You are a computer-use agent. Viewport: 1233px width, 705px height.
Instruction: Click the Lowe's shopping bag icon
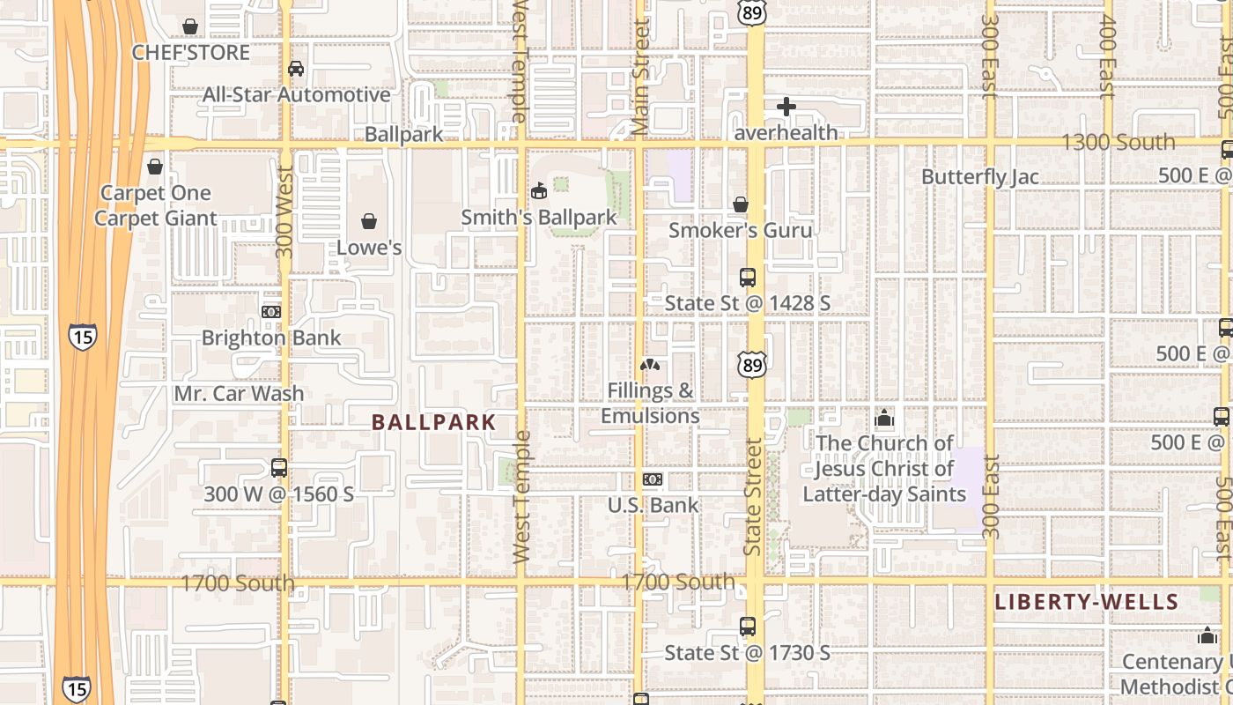click(x=369, y=220)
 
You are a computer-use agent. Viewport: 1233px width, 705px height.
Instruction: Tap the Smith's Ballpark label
click(x=539, y=216)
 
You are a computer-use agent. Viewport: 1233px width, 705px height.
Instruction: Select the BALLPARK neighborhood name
click(x=434, y=422)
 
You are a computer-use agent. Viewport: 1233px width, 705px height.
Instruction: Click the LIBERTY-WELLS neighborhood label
click(x=1086, y=603)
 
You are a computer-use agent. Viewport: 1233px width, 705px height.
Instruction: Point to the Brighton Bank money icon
click(x=271, y=311)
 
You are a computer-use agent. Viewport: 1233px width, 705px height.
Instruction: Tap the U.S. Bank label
click(x=653, y=505)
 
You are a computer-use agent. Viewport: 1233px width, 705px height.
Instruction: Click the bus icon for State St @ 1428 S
click(x=748, y=277)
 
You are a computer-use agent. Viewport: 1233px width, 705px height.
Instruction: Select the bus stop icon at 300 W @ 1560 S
click(x=279, y=468)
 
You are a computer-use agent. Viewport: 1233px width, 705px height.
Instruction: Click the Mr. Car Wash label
click(x=239, y=393)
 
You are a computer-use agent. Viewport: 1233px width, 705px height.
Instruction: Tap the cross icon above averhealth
click(x=786, y=107)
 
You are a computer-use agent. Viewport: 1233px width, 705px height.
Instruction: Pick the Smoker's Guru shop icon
click(x=741, y=204)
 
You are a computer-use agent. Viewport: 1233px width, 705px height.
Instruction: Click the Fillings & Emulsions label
click(x=650, y=403)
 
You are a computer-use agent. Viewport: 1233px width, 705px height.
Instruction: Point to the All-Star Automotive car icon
click(x=296, y=69)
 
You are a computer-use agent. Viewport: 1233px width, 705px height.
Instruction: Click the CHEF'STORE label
click(x=191, y=53)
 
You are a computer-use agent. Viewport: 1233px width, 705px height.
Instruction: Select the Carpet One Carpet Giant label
click(x=156, y=205)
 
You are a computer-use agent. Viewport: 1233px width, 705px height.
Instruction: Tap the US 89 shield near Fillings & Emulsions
click(x=753, y=363)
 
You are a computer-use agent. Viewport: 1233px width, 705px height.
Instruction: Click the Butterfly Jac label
click(x=979, y=176)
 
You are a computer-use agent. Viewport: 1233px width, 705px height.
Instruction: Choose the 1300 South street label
click(x=1118, y=142)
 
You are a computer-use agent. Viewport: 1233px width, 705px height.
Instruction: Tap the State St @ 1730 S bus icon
click(x=748, y=627)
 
